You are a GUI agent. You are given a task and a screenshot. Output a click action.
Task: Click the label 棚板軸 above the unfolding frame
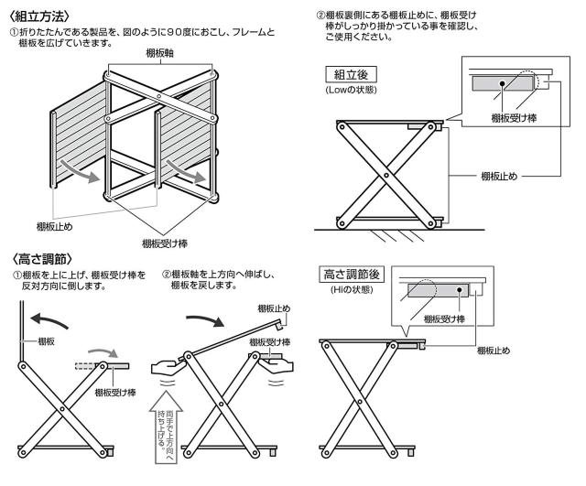162,55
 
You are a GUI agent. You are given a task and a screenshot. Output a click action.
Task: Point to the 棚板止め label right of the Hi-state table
495,350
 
